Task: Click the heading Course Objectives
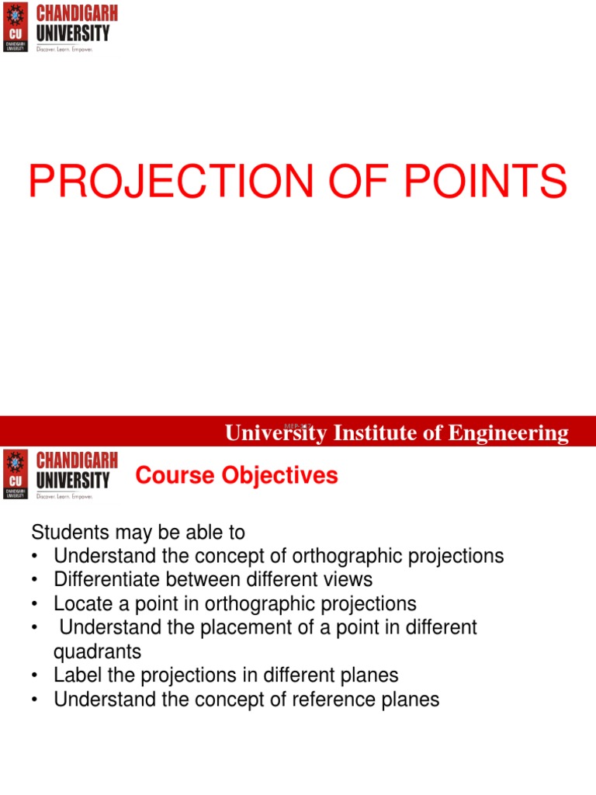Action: [x=237, y=475]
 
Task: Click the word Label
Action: [x=76, y=675]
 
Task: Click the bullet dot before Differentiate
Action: [x=36, y=581]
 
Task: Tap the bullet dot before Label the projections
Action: [x=36, y=676]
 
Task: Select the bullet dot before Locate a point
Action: [x=36, y=605]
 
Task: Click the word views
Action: [x=347, y=580]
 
